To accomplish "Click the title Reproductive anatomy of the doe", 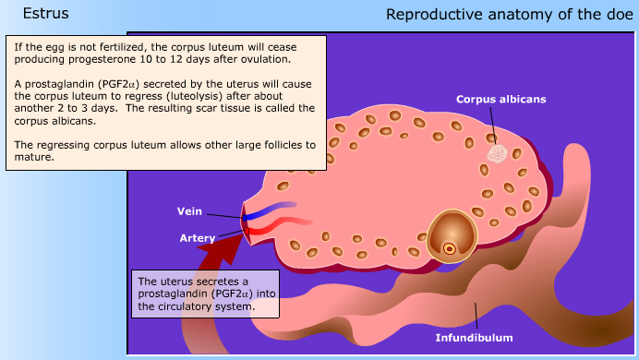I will click(509, 14).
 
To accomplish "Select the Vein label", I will click(189, 210).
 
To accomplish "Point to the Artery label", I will click(197, 238).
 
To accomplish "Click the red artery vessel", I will click(282, 226).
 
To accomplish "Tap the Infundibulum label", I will click(474, 338).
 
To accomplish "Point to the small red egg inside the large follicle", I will click(450, 247).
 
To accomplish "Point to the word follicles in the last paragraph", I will click(278, 144).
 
